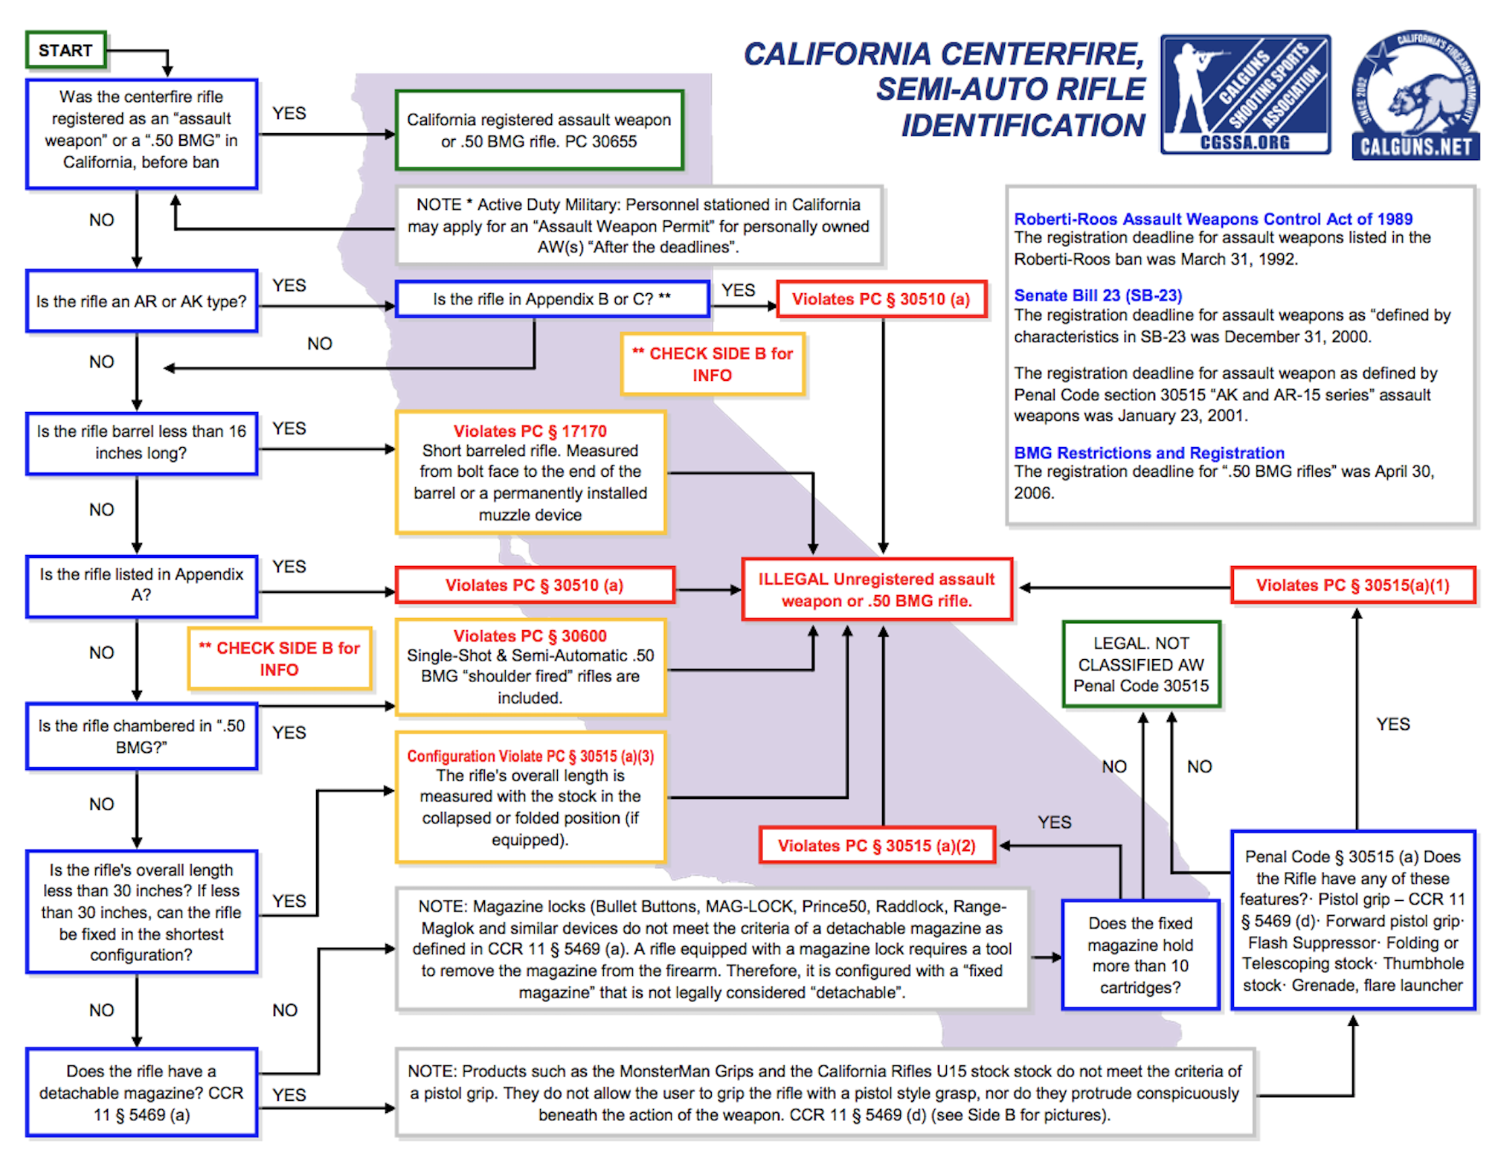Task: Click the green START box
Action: click(x=65, y=51)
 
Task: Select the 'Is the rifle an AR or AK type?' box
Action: click(x=141, y=301)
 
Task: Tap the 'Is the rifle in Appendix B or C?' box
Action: click(x=552, y=299)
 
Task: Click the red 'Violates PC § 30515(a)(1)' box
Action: click(x=1352, y=585)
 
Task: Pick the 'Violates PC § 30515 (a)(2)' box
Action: click(x=876, y=846)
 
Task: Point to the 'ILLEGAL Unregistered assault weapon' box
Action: click(x=876, y=590)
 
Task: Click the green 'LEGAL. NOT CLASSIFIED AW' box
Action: click(x=1141, y=664)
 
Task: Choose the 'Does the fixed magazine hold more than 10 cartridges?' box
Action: click(x=1140, y=955)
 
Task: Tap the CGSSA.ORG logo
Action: click(x=1245, y=94)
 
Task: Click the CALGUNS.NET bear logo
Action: click(x=1415, y=96)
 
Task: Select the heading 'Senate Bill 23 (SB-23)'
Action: click(x=1098, y=295)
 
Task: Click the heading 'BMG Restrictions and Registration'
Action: click(x=1148, y=453)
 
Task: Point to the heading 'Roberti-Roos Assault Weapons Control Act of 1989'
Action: click(x=1212, y=219)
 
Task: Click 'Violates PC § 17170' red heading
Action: click(x=530, y=431)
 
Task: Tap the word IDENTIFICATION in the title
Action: click(x=1023, y=126)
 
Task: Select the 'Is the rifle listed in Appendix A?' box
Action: click(x=141, y=585)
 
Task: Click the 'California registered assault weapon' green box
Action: click(x=539, y=131)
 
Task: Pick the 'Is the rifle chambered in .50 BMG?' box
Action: click(x=141, y=736)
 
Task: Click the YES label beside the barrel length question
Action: click(x=289, y=428)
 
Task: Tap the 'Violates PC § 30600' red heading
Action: click(x=530, y=636)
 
